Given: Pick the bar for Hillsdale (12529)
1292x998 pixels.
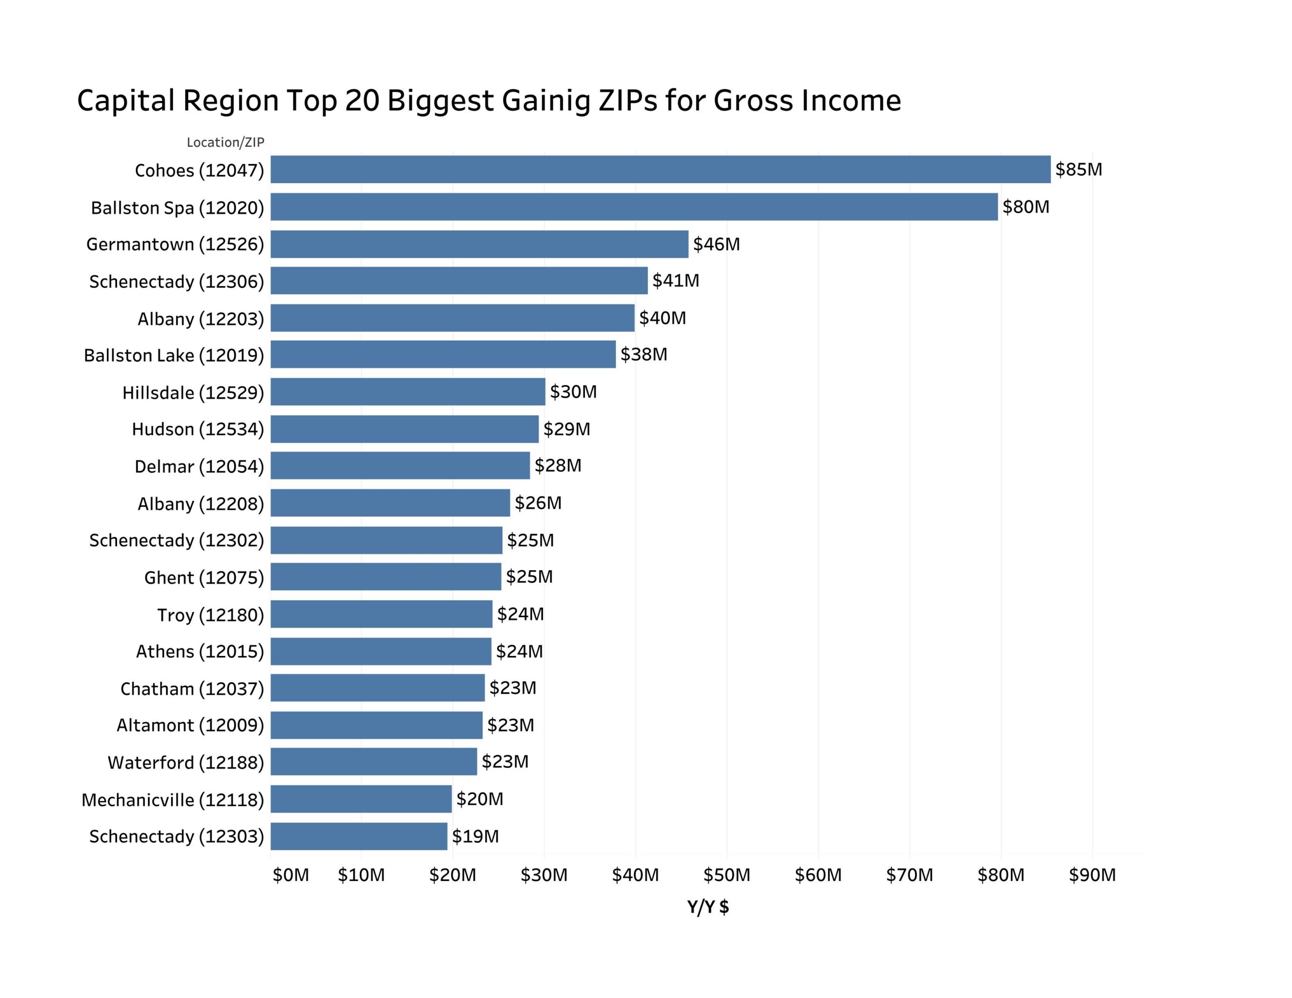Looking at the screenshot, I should pos(408,392).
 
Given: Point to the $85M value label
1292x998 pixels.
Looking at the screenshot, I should pos(1079,170).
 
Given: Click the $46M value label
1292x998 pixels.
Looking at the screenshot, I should pos(716,244).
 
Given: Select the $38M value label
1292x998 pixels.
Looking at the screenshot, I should pos(643,354).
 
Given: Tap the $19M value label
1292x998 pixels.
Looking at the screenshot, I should pos(475,836).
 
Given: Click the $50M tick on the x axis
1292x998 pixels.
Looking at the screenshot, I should pos(726,875).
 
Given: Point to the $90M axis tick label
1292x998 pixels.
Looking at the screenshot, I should pos(1092,875).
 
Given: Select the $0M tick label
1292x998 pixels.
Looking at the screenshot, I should pos(291,875).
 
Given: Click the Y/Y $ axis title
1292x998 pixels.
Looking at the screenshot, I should pos(708,906).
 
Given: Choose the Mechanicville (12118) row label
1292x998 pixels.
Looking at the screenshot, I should pos(173,800).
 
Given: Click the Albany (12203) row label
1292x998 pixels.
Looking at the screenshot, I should pos(200,319).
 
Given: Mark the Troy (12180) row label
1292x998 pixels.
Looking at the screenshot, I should pos(210,615).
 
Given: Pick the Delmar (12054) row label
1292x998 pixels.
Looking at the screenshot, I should pos(199,466).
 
